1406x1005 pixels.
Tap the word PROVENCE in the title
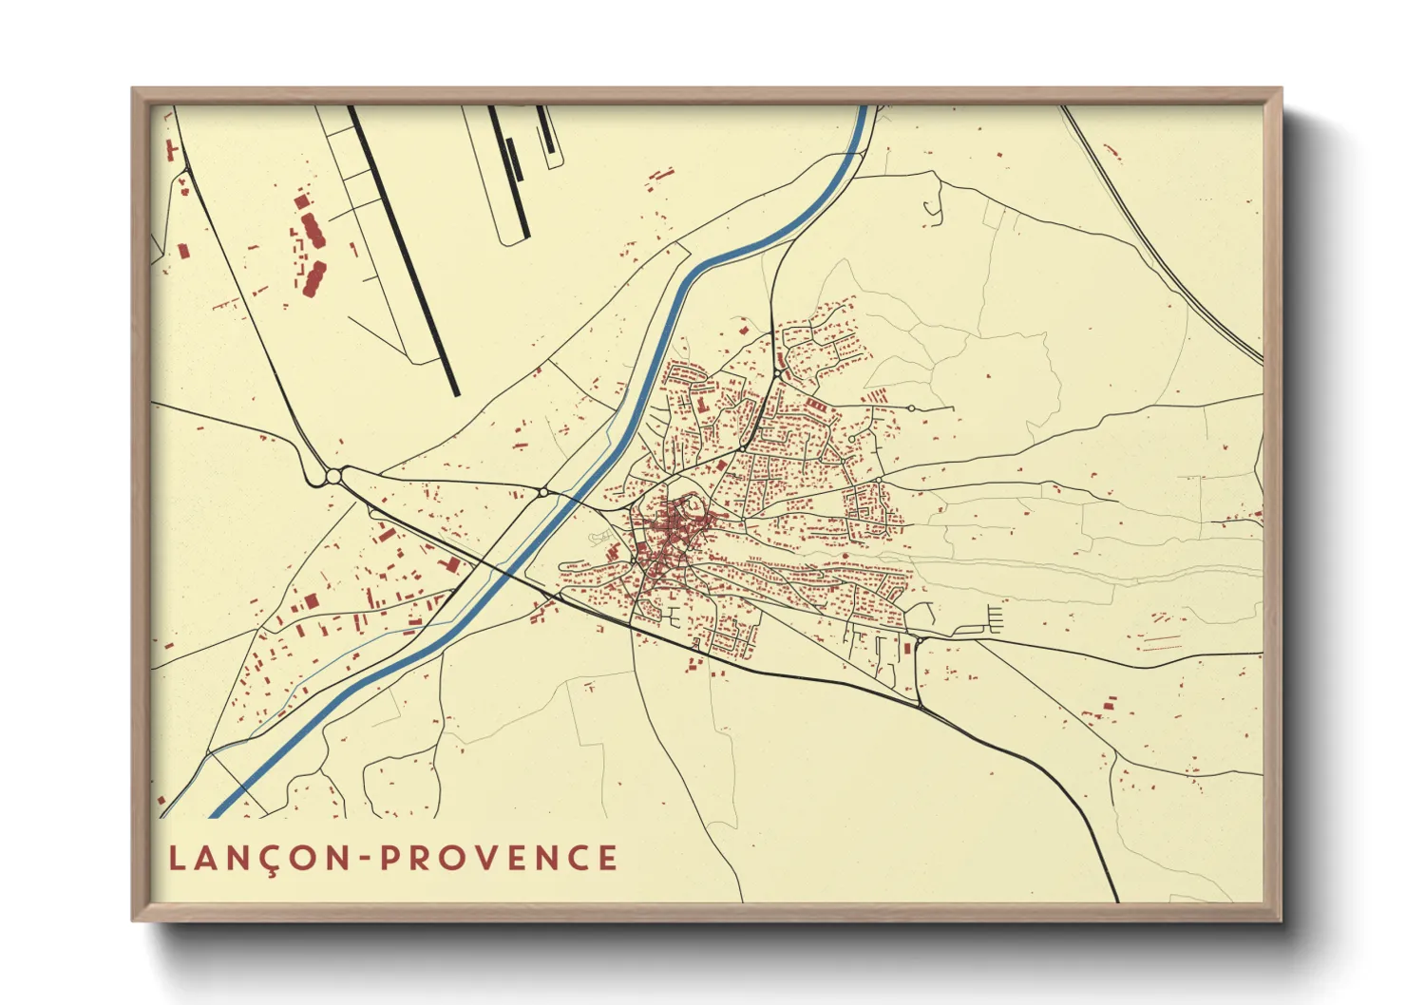coord(500,859)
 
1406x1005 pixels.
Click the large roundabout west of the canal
coord(333,476)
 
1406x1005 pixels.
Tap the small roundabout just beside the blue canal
coord(542,492)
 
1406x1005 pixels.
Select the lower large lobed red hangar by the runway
coord(313,278)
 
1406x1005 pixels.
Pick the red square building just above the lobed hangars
coord(302,200)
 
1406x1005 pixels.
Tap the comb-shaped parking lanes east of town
coord(993,620)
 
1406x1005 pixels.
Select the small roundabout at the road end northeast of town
coord(911,408)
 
